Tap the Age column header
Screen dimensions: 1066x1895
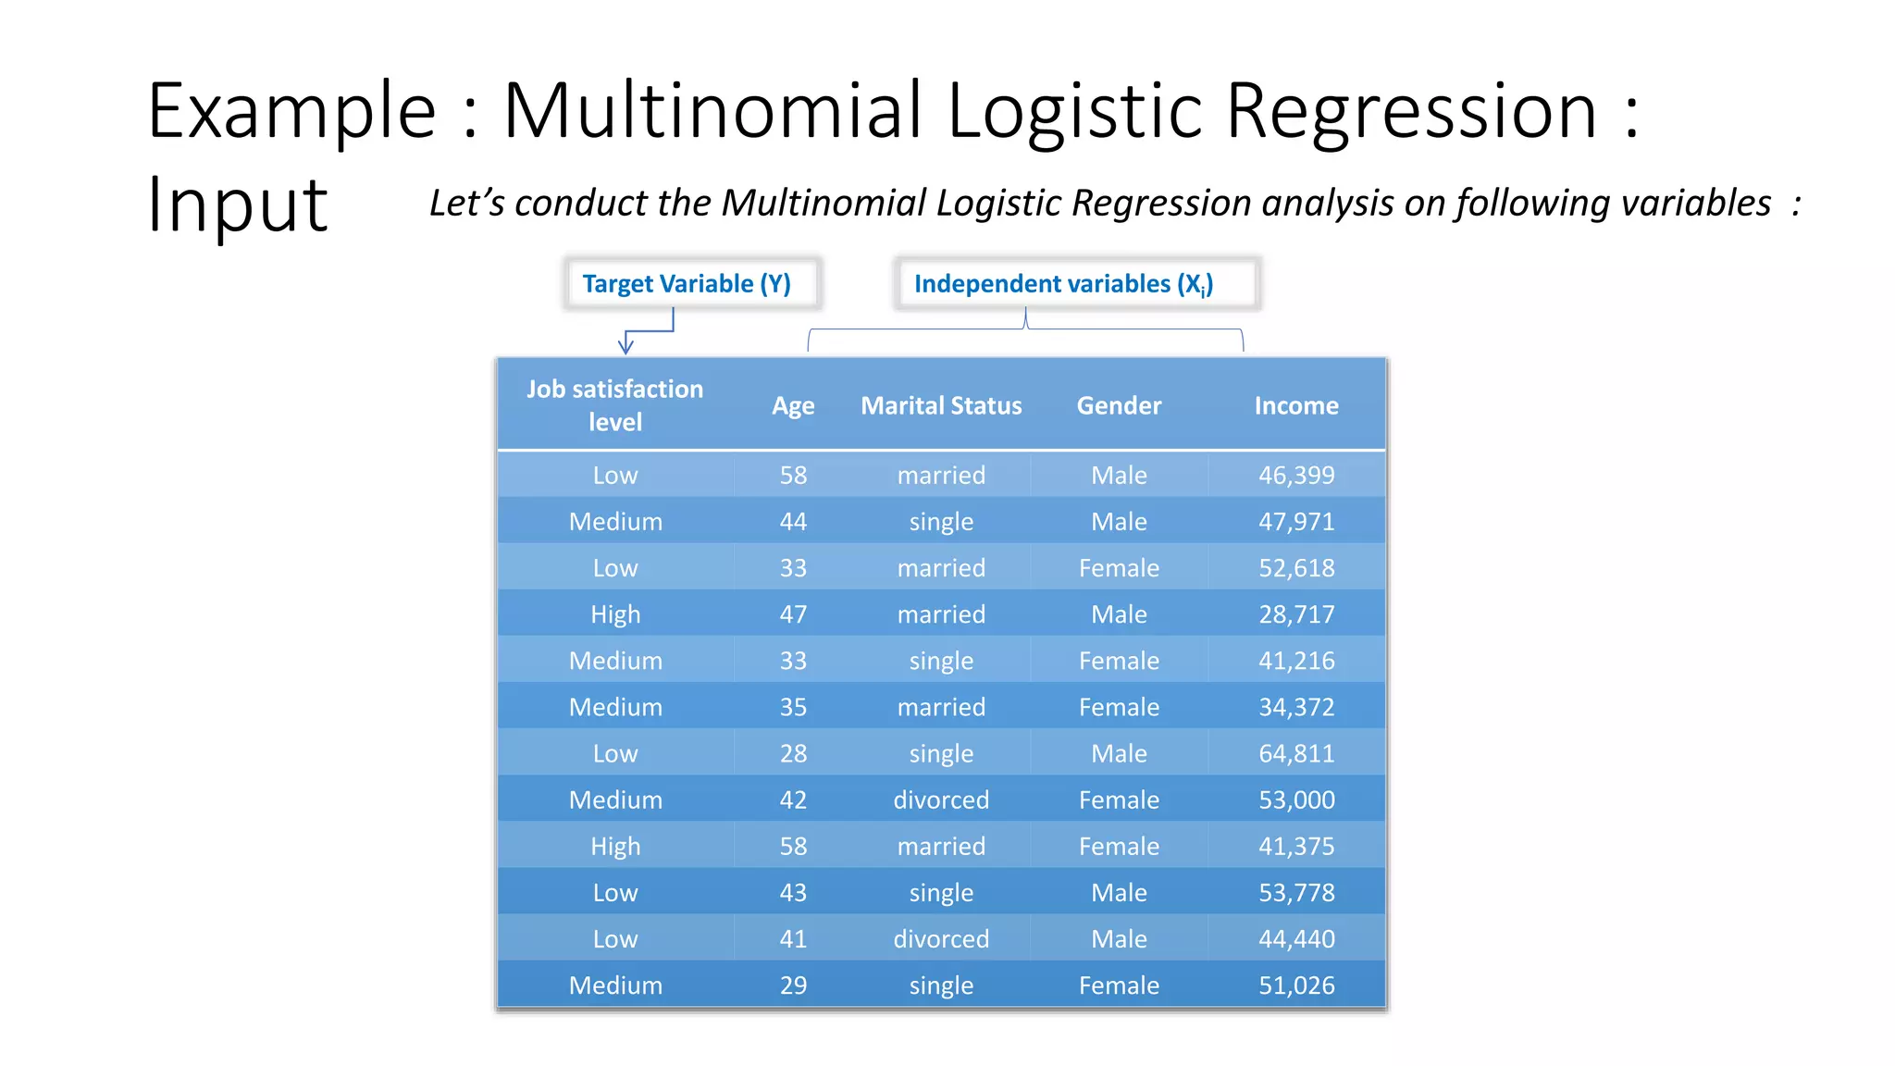pos(793,405)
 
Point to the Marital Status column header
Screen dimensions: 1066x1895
pos(941,405)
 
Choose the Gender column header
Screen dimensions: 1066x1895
pos(1119,405)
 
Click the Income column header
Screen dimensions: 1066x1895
pos(1296,405)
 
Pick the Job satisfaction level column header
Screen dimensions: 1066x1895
pos(615,405)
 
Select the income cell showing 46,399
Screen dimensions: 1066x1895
pos(1296,475)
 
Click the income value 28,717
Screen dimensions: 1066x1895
pos(1296,614)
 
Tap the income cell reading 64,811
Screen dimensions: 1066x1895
pos(1296,753)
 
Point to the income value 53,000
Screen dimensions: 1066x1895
pos(1296,799)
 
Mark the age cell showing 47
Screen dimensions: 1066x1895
pos(793,614)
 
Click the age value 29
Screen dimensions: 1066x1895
pos(793,985)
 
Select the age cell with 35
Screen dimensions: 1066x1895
pos(793,707)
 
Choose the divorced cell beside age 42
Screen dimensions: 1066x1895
pos(941,799)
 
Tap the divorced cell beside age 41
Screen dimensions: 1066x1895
pos(941,939)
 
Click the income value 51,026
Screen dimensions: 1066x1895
pos(1296,985)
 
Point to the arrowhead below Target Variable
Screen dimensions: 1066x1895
pos(625,347)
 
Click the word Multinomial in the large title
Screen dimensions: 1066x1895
pos(712,111)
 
